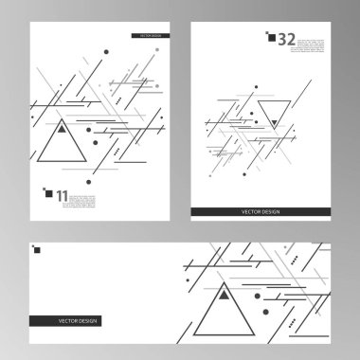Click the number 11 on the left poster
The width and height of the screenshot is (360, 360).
coord(63,196)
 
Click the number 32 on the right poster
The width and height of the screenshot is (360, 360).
coord(287,39)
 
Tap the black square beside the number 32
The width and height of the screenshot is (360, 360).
coord(272,37)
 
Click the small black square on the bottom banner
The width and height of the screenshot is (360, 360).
coord(38,250)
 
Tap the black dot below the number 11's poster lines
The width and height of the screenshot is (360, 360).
coord(90,179)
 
